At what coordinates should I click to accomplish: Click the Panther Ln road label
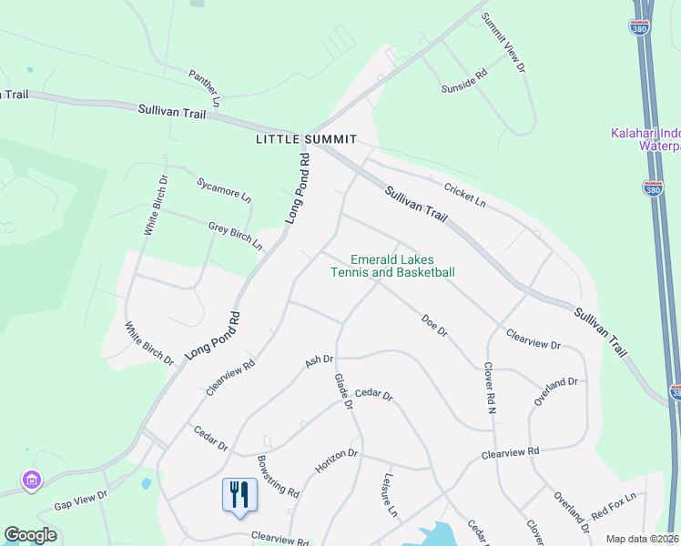205,87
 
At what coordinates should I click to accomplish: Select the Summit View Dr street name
503,43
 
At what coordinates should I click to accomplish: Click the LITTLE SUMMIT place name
306,139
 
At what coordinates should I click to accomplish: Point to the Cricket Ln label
465,194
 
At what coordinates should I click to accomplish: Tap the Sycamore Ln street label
224,188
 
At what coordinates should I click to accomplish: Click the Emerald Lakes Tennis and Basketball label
392,266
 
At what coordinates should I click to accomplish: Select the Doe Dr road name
434,325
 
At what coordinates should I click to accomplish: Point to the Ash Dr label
320,360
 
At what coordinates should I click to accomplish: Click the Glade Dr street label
342,390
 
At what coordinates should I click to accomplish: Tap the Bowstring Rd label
278,476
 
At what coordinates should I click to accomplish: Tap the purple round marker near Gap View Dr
32,480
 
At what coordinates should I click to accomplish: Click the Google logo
30,535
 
